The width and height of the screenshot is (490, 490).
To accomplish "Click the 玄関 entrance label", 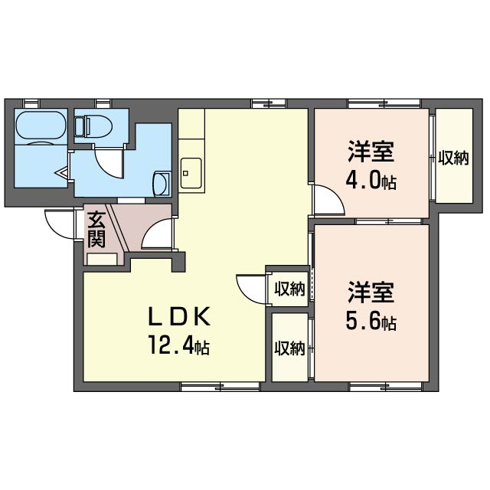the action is click(x=96, y=230).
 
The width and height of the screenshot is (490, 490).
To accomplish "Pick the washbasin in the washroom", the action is click(x=162, y=184).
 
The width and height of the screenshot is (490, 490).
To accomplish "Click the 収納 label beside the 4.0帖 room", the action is click(x=453, y=158).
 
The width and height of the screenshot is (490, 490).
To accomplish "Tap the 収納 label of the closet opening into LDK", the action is click(x=289, y=289).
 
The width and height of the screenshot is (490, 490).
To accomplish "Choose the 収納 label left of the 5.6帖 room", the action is click(x=289, y=348).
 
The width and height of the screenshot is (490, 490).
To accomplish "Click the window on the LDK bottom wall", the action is click(x=220, y=387).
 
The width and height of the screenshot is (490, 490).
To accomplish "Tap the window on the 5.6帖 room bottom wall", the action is click(x=386, y=387).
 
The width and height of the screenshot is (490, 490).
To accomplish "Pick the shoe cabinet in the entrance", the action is click(x=102, y=260).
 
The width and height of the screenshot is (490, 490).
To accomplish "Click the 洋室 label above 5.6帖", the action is click(x=371, y=292).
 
